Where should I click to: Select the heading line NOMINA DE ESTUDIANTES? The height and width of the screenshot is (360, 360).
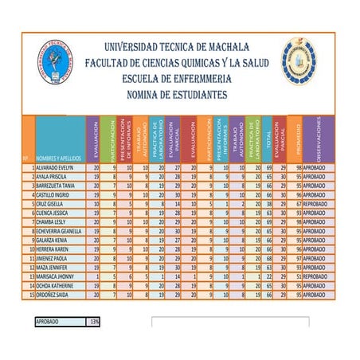pyautogui.click(x=177, y=94)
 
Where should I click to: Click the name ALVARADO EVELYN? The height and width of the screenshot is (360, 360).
pyautogui.click(x=55, y=169)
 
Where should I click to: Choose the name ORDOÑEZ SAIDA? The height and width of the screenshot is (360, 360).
pyautogui.click(x=53, y=293)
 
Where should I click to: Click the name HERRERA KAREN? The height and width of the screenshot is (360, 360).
pyautogui.click(x=53, y=248)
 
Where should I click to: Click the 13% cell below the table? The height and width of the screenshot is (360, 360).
pyautogui.click(x=94, y=322)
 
